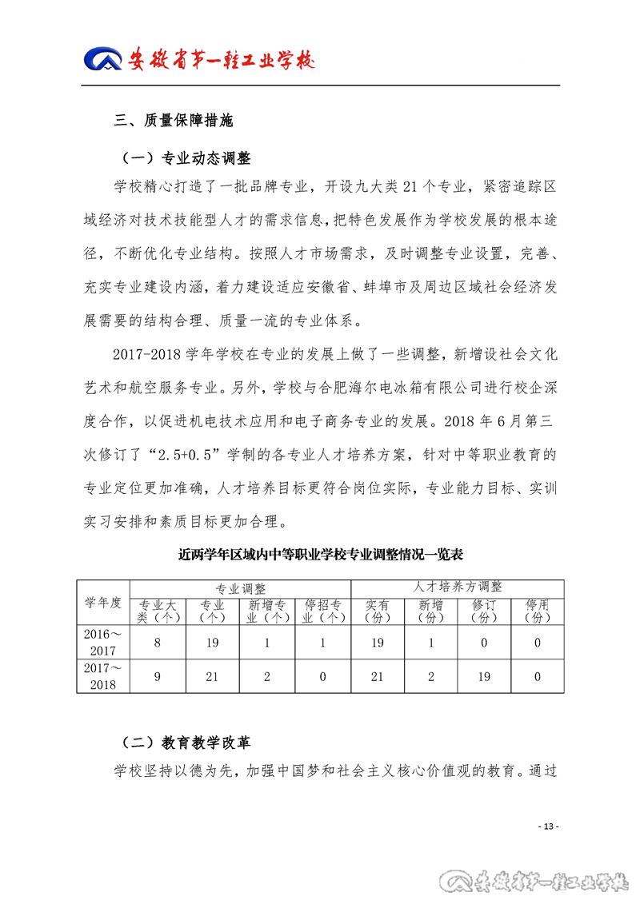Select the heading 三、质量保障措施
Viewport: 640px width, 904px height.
[173, 121]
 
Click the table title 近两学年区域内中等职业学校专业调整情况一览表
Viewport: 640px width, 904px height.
[322, 553]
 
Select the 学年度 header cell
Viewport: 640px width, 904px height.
[103, 603]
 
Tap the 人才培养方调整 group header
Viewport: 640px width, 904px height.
[458, 587]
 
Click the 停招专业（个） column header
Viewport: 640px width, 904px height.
[323, 611]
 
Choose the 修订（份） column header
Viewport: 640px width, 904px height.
[484, 611]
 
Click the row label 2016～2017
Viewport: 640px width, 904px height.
[103, 641]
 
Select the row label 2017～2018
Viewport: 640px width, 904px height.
[103, 676]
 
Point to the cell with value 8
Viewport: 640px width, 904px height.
[158, 641]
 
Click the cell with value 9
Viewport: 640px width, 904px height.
[158, 676]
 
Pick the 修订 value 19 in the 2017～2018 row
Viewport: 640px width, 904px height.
[484, 676]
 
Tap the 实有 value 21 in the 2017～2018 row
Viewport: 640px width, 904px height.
[378, 676]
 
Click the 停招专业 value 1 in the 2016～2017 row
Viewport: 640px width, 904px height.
[323, 641]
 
